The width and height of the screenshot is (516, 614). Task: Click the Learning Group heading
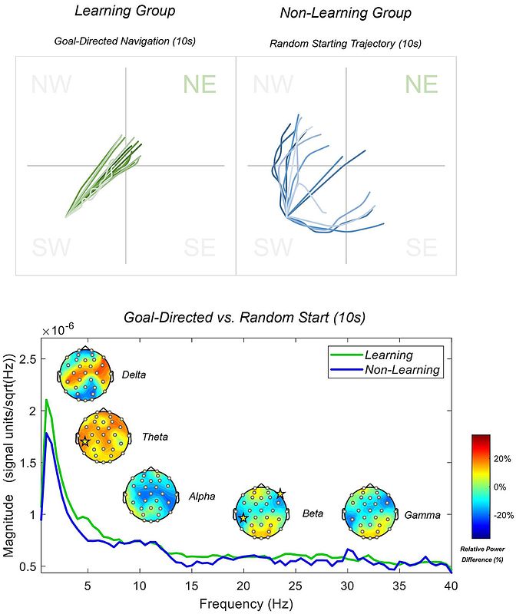124,12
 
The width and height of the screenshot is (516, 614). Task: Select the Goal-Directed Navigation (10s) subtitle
124,40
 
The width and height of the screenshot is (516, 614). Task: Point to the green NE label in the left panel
200,84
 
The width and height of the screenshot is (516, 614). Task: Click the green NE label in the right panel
421,84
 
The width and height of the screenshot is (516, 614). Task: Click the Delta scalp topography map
86,374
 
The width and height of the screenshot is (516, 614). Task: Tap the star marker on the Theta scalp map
84,441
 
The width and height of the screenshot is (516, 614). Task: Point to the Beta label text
313,513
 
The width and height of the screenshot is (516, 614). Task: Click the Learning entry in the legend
389,355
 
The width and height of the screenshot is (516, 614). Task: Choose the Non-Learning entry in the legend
402,370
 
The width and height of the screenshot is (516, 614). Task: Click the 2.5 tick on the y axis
28,358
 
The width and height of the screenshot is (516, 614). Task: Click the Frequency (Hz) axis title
246,604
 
